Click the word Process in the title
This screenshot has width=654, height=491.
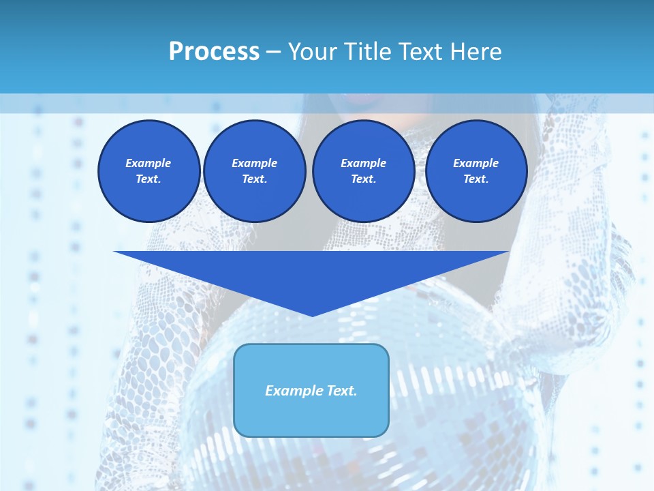pos(214,52)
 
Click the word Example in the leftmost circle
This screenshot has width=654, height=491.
pos(149,163)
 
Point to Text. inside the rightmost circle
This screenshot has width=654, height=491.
pos(476,179)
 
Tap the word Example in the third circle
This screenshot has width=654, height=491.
pos(363,163)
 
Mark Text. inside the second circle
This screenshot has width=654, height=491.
pos(254,179)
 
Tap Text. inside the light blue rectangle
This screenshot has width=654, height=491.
pos(341,391)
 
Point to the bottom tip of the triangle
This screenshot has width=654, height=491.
pos(312,315)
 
